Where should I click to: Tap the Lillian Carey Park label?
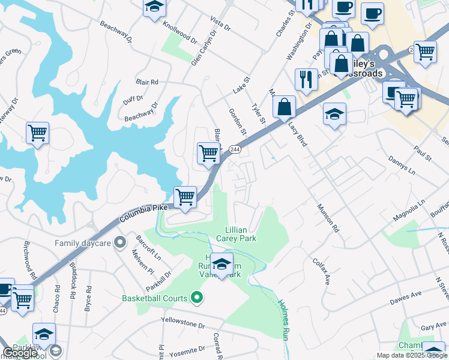click(x=241, y=234)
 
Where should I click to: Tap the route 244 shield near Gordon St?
click(x=235, y=149)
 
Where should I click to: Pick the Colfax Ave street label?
click(x=321, y=272)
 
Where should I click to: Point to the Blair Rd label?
click(x=146, y=82)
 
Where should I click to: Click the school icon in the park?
click(x=221, y=264)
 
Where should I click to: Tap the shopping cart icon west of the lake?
click(x=37, y=133)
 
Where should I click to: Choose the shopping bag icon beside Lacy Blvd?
click(x=285, y=107)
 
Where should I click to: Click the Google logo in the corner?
click(x=20, y=353)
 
